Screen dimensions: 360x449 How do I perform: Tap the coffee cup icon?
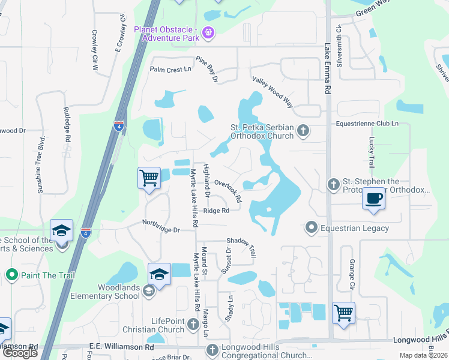point(373,199)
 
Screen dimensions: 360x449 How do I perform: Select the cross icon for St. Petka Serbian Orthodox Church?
point(304,130)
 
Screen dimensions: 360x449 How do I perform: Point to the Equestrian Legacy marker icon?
point(311,227)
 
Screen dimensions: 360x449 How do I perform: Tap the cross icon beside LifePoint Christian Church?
point(193,325)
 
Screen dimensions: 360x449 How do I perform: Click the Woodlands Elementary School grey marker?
point(148,292)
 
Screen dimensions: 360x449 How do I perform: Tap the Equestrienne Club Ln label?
point(367,124)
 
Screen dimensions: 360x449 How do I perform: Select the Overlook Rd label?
point(228,191)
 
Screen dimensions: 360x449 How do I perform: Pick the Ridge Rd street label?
point(216,211)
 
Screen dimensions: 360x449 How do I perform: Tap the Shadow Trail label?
point(241,247)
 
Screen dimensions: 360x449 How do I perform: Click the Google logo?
point(20,353)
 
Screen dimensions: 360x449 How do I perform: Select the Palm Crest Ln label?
point(170,70)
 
